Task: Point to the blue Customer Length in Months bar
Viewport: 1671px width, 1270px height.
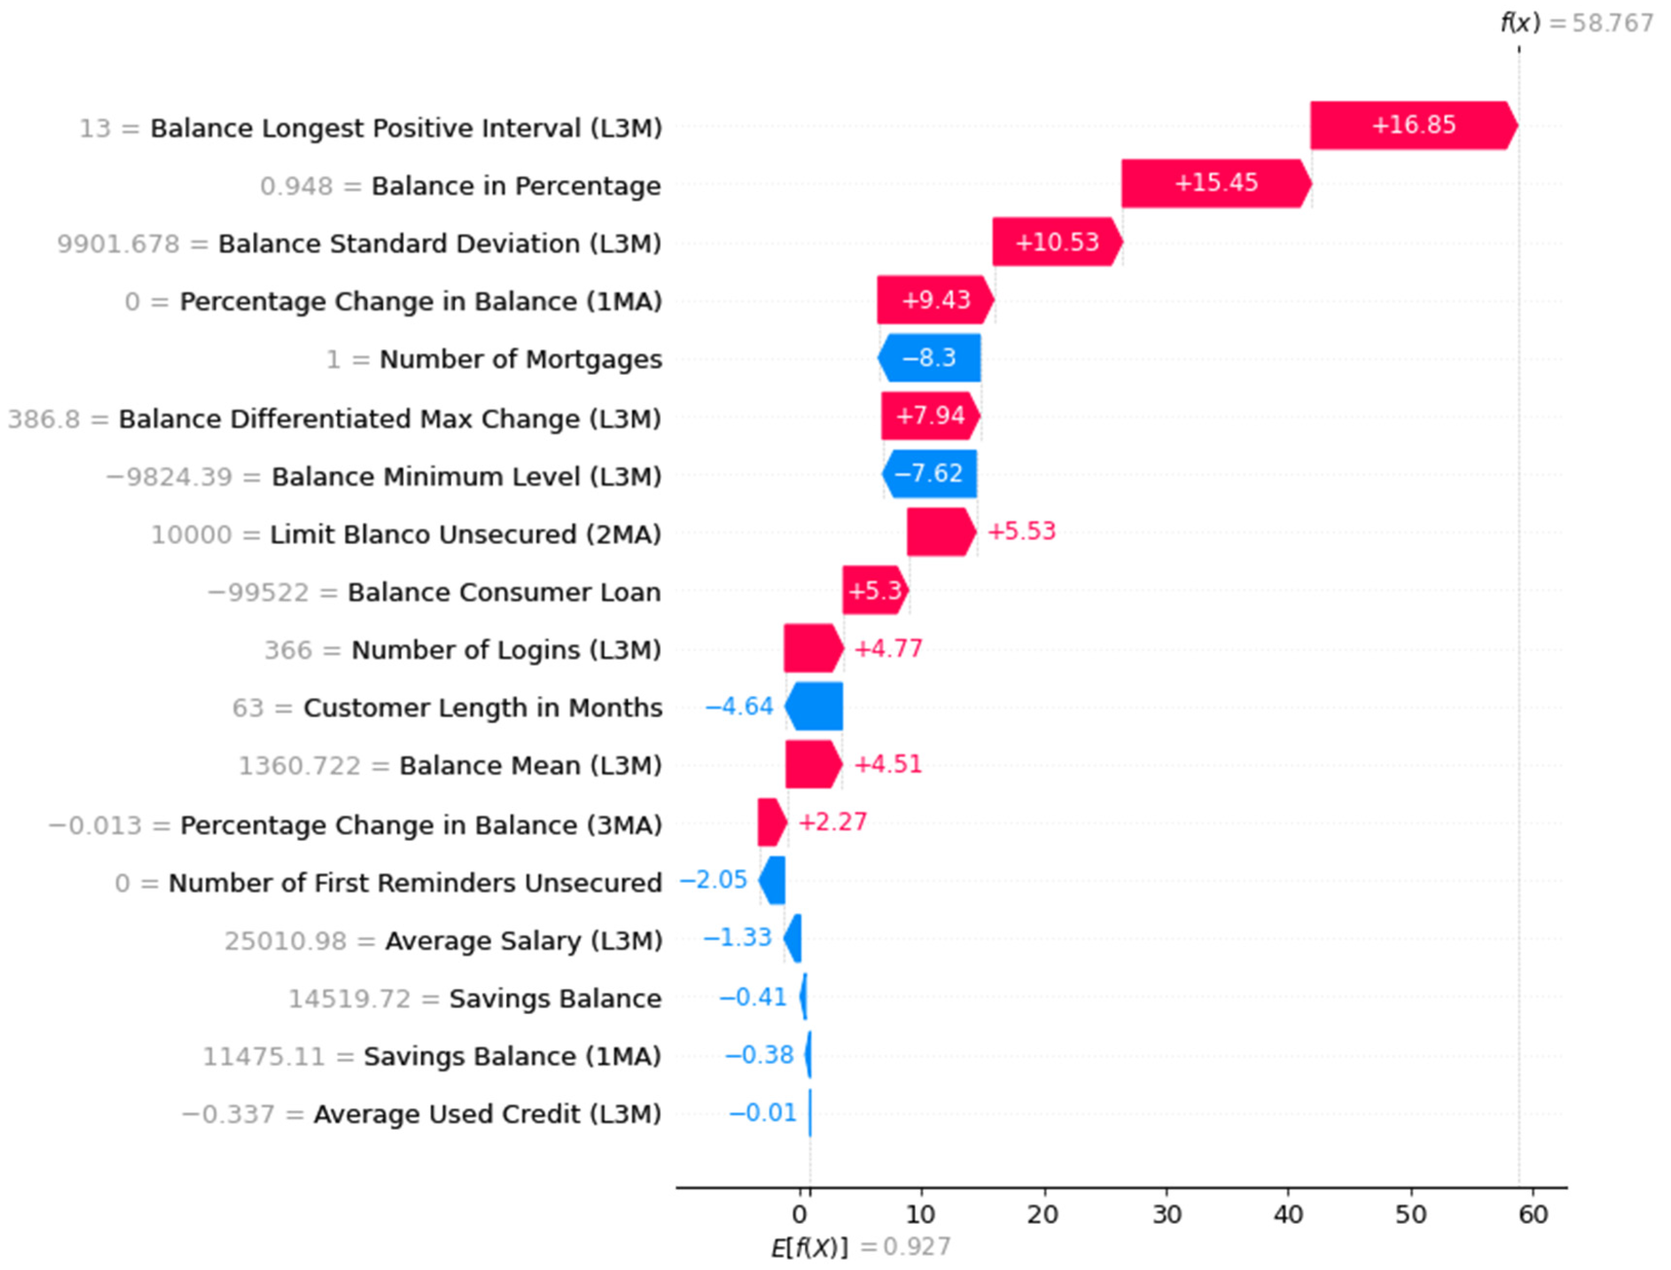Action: (x=814, y=706)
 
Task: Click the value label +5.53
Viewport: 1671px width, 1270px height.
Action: (x=1021, y=532)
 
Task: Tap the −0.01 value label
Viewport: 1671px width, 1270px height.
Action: (x=763, y=1113)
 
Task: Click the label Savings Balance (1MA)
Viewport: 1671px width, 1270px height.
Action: (x=512, y=1056)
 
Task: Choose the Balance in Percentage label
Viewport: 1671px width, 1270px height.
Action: (x=516, y=186)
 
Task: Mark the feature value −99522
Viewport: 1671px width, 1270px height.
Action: (x=258, y=592)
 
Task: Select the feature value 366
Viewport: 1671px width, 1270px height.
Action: (x=288, y=650)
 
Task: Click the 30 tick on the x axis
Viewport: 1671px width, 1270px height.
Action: (x=1166, y=1215)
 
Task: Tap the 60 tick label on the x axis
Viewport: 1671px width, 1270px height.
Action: (x=1533, y=1215)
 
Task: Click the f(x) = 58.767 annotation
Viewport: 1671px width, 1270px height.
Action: (x=1576, y=23)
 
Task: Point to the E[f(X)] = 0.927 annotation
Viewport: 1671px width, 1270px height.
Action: (x=860, y=1247)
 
